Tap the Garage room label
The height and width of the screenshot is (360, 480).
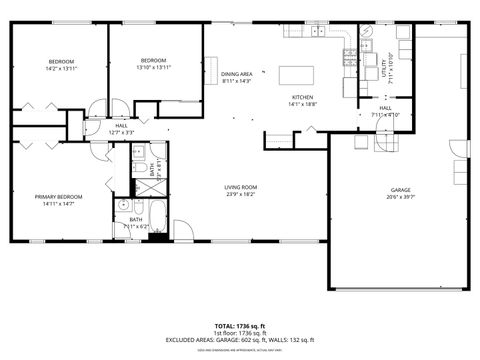[400, 190]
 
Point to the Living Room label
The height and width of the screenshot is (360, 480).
[241, 188]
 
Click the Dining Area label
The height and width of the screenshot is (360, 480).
[237, 74]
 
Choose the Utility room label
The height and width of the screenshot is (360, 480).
[385, 69]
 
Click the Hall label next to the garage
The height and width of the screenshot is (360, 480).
[385, 109]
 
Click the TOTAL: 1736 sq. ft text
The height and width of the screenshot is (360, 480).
[239, 326]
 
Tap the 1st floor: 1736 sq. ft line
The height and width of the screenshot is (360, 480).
[239, 333]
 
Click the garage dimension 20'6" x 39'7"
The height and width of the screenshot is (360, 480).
[400, 198]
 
